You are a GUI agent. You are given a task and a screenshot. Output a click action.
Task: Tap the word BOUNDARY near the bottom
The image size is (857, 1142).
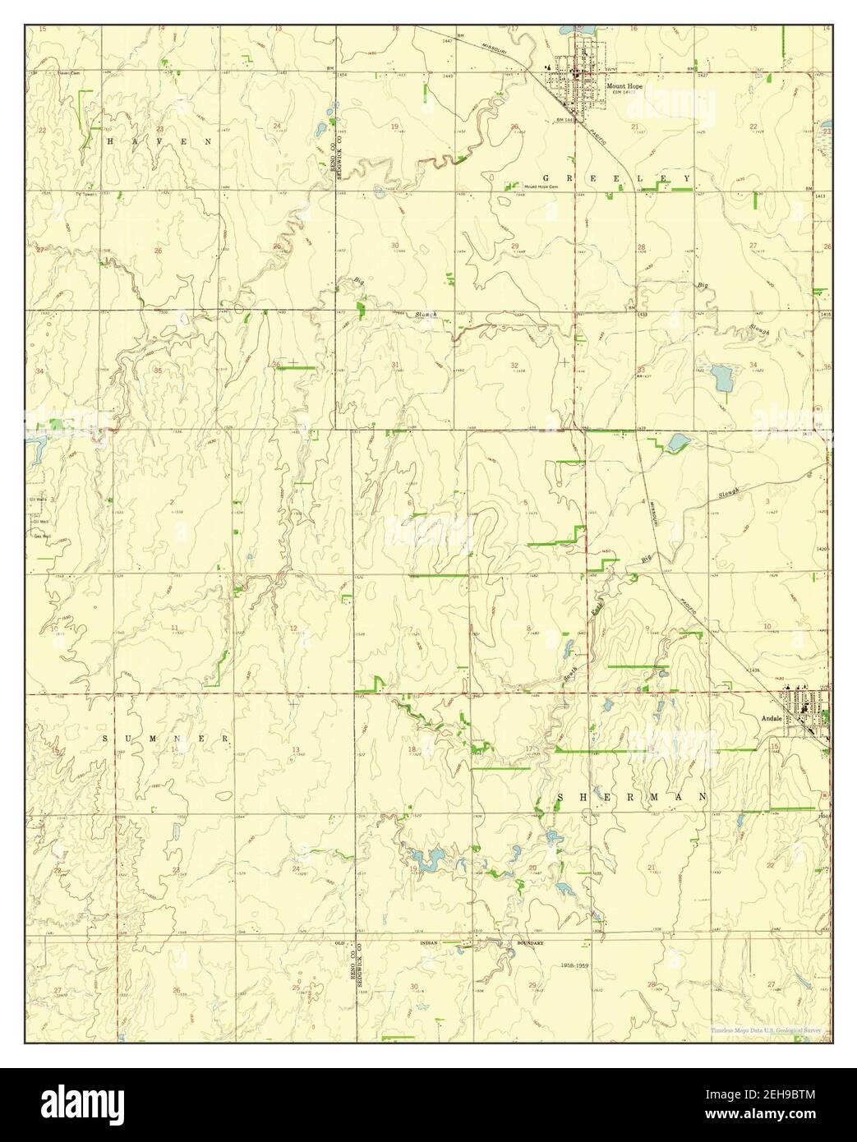pos(530,943)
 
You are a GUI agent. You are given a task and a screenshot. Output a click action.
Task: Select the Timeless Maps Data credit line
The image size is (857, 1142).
pos(764,1030)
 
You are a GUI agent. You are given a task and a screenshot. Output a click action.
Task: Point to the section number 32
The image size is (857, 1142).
pos(514,365)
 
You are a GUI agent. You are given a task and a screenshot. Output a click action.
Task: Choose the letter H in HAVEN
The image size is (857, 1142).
pos(110,141)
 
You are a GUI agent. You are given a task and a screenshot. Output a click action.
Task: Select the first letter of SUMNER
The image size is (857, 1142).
pos(106,739)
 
